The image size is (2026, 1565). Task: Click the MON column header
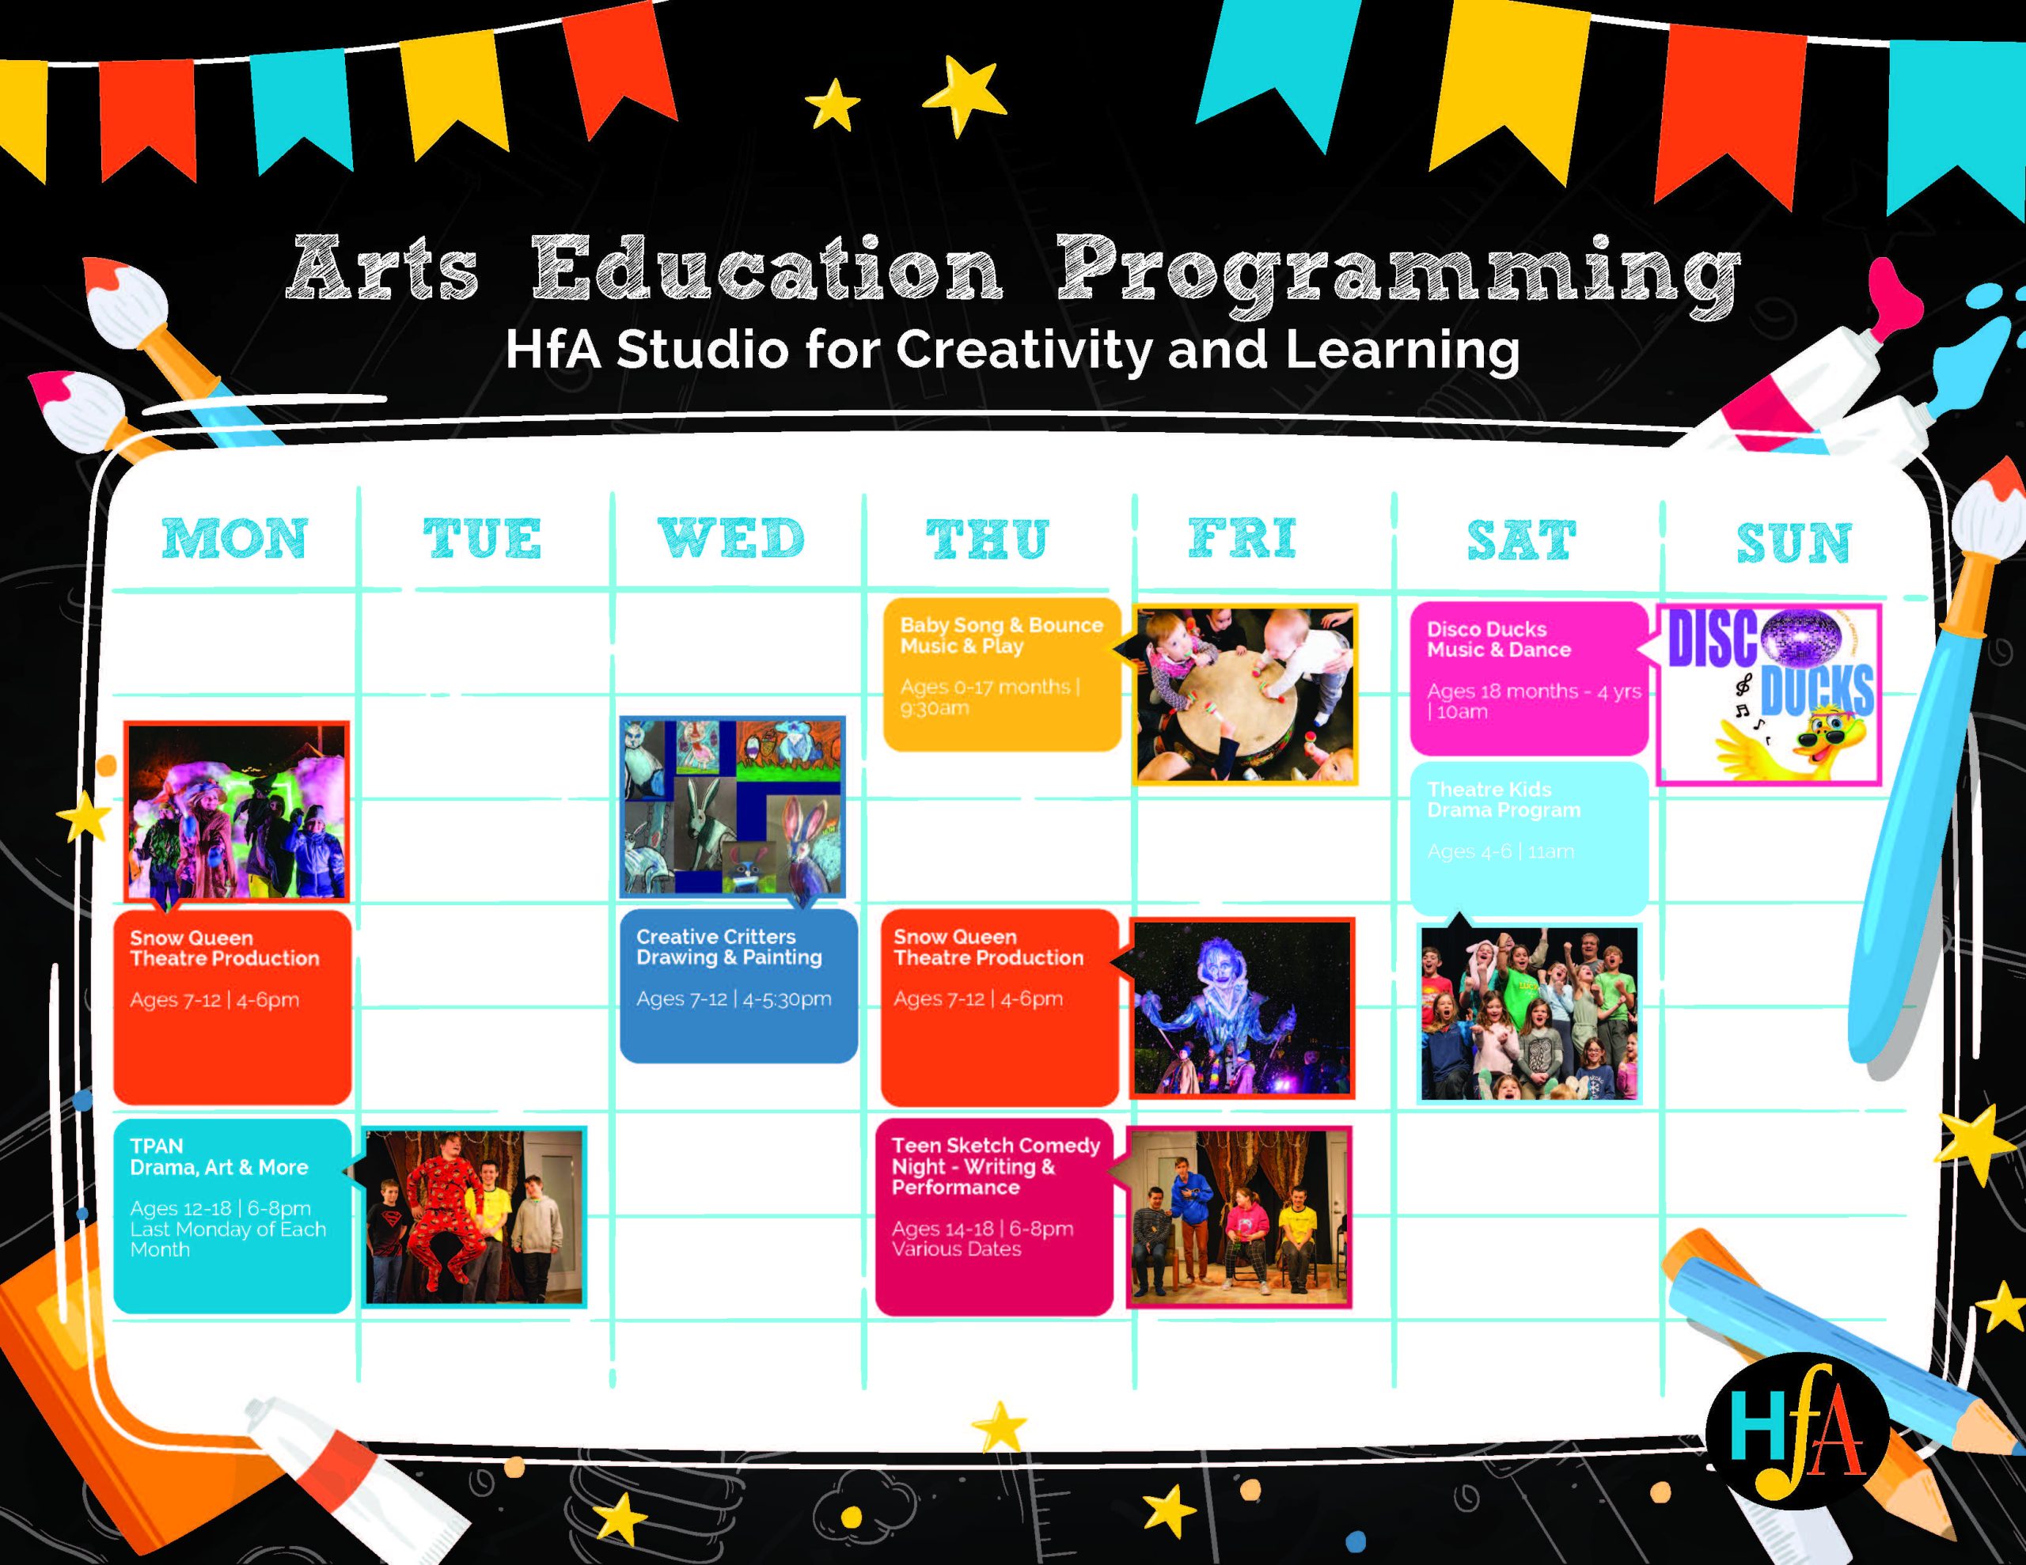(235, 539)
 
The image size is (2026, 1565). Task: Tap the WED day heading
(731, 539)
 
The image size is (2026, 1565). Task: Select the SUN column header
(1793, 543)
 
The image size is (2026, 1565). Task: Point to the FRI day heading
(1243, 538)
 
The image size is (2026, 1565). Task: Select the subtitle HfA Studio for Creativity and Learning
(1013, 351)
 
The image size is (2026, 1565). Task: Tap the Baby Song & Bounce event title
(1002, 635)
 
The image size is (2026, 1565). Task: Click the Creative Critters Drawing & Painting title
(729, 946)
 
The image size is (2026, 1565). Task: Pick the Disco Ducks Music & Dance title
(1499, 639)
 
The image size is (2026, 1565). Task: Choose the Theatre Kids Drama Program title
(1504, 800)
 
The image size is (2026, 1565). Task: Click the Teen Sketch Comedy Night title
(996, 1166)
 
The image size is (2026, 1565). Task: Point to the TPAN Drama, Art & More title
(219, 1157)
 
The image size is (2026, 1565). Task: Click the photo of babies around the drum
(1246, 694)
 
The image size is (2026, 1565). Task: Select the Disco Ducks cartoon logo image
(1768, 695)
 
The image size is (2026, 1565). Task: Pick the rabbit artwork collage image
(733, 806)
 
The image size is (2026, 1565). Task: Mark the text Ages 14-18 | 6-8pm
(982, 1228)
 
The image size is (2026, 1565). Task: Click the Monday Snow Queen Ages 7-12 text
(214, 1000)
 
